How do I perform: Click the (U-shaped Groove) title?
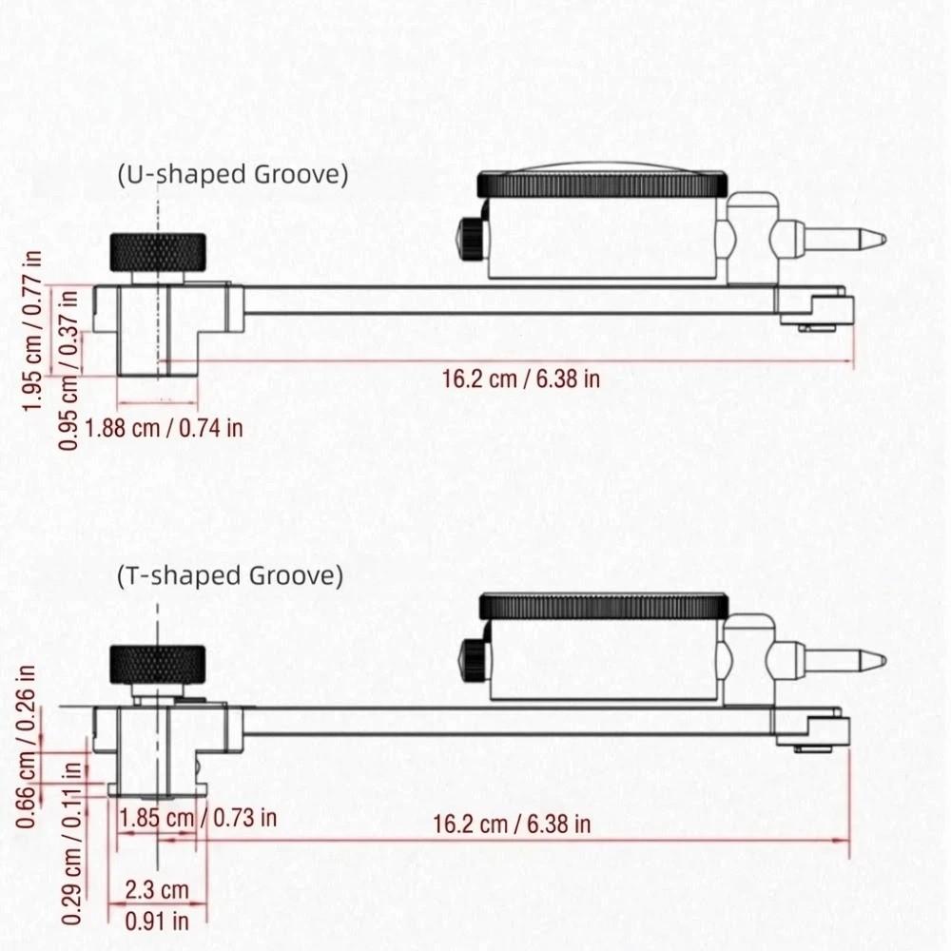[x=232, y=174]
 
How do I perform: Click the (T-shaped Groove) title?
[x=229, y=575]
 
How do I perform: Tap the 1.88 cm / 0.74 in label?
[x=164, y=428]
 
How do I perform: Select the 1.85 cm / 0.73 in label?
[x=197, y=817]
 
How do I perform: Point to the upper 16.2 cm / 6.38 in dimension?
[x=521, y=378]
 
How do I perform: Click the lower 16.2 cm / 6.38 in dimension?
[x=512, y=825]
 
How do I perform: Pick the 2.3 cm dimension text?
[x=157, y=890]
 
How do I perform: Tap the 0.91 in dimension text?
[x=156, y=920]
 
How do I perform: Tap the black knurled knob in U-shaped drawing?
[x=158, y=252]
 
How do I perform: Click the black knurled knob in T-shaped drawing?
[x=157, y=663]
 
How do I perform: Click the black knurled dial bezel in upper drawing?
[x=602, y=183]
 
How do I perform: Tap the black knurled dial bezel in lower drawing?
[x=604, y=606]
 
